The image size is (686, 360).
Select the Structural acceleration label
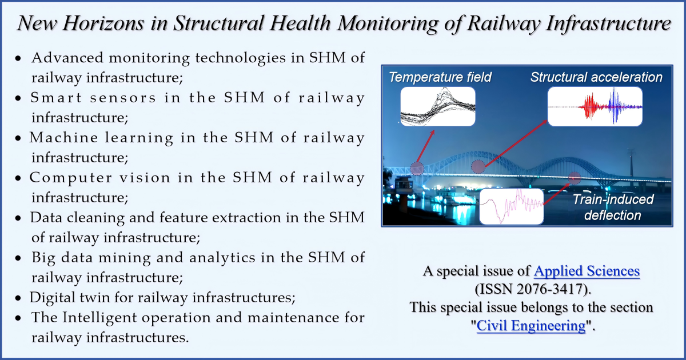click(596, 77)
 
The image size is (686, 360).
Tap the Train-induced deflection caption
click(612, 207)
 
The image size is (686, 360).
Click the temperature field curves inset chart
click(438, 107)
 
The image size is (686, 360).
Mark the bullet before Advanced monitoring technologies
click(19, 59)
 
